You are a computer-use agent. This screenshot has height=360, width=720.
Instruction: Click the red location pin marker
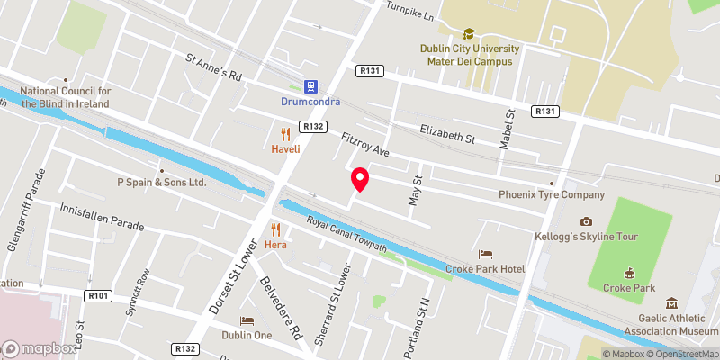pos(360,179)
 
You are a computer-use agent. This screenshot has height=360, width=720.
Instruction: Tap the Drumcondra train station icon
pos(310,86)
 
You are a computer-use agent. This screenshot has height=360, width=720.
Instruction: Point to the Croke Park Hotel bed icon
pos(486,255)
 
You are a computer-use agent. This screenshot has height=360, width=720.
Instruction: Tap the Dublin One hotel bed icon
pos(246,320)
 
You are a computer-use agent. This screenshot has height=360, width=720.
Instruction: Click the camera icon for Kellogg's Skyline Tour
pos(587,221)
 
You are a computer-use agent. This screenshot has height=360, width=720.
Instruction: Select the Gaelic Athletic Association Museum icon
pos(670,303)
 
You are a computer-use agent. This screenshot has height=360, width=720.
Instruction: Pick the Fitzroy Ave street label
pos(364,146)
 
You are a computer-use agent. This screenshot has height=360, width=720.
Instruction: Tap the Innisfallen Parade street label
pos(101,216)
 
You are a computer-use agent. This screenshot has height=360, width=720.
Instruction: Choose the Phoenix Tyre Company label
pos(552,194)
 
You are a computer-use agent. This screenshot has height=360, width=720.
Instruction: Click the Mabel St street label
pos(508,128)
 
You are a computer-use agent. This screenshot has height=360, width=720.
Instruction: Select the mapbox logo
pos(40,348)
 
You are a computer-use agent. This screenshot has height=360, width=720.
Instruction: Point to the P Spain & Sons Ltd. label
pos(163,182)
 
